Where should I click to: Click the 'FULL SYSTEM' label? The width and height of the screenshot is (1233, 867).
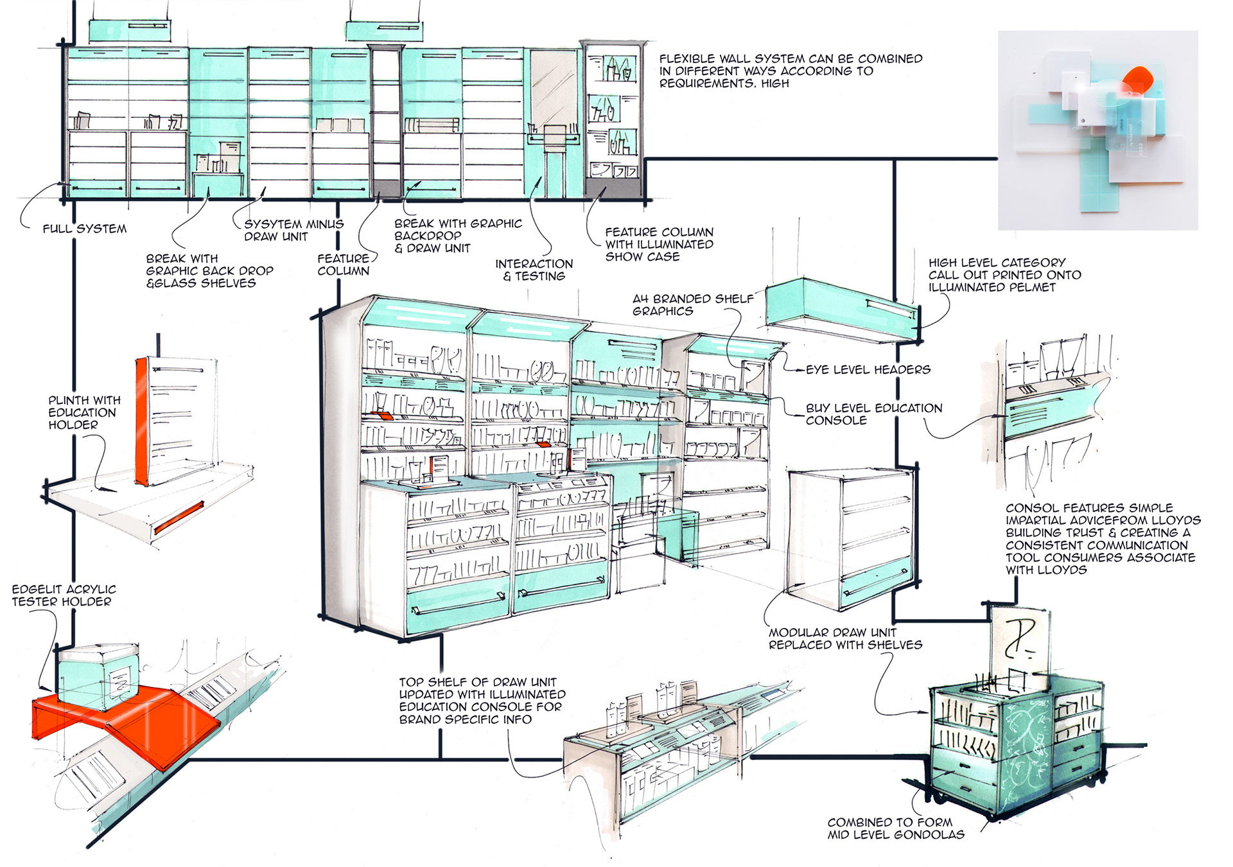84,229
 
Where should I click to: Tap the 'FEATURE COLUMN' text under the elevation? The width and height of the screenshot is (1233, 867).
343,265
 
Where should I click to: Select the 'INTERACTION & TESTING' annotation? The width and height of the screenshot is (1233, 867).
534,270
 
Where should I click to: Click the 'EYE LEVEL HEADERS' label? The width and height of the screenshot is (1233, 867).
868,370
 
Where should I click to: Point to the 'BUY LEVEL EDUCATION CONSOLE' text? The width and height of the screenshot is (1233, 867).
873,414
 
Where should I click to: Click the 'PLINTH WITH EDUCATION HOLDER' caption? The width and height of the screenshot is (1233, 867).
83,412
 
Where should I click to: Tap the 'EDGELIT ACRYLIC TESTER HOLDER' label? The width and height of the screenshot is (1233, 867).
64,595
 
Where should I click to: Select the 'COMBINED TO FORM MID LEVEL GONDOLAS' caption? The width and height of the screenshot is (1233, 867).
895,828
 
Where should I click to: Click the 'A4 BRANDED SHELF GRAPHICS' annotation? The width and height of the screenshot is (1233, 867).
692,305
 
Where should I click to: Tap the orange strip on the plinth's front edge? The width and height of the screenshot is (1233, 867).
179,517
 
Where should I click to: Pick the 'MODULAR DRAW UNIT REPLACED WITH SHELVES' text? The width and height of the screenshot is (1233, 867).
844,638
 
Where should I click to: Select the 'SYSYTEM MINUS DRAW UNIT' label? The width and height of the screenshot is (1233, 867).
293,230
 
